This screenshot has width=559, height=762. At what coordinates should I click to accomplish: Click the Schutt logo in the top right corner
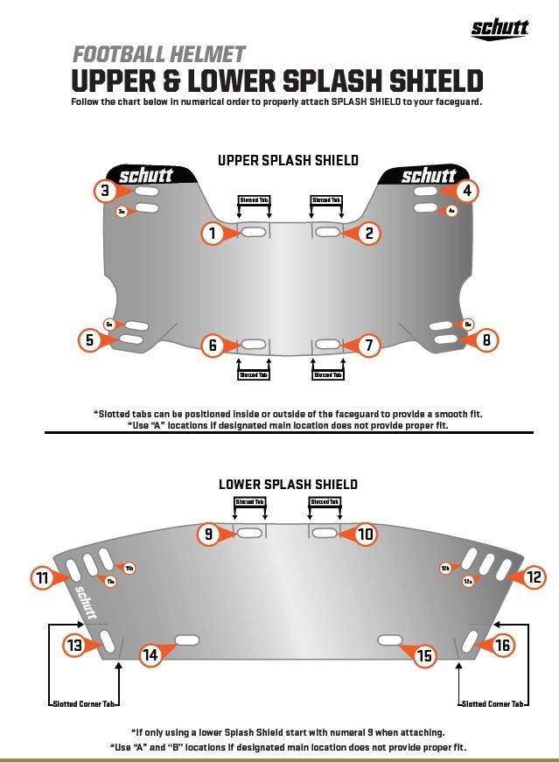click(500, 29)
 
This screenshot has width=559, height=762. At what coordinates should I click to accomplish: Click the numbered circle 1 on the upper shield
click(212, 233)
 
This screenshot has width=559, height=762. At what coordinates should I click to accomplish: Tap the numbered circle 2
click(369, 233)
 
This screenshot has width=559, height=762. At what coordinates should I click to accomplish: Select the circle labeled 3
click(105, 191)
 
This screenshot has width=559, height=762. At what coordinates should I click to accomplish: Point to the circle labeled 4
click(467, 191)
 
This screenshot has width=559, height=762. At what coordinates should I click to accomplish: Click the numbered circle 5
click(90, 339)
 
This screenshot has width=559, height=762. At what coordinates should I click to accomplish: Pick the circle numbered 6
click(212, 346)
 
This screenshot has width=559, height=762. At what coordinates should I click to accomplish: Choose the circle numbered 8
click(486, 339)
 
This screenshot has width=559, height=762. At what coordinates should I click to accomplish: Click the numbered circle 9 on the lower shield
click(208, 534)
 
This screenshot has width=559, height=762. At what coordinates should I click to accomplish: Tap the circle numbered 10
click(365, 534)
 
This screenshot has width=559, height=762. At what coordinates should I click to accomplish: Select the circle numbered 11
click(42, 577)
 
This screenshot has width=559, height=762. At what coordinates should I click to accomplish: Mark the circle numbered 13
click(74, 646)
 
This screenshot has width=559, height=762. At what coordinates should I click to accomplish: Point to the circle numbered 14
click(150, 654)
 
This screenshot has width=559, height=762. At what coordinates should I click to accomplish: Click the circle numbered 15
click(424, 654)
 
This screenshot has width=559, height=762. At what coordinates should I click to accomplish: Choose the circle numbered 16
click(502, 646)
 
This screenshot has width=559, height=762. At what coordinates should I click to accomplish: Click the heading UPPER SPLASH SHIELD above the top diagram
click(288, 160)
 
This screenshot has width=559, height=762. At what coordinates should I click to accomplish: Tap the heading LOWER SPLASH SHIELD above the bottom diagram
click(288, 484)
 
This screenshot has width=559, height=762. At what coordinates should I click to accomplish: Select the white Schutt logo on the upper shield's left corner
click(145, 176)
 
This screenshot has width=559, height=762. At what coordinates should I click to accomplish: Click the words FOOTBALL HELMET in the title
click(158, 53)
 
